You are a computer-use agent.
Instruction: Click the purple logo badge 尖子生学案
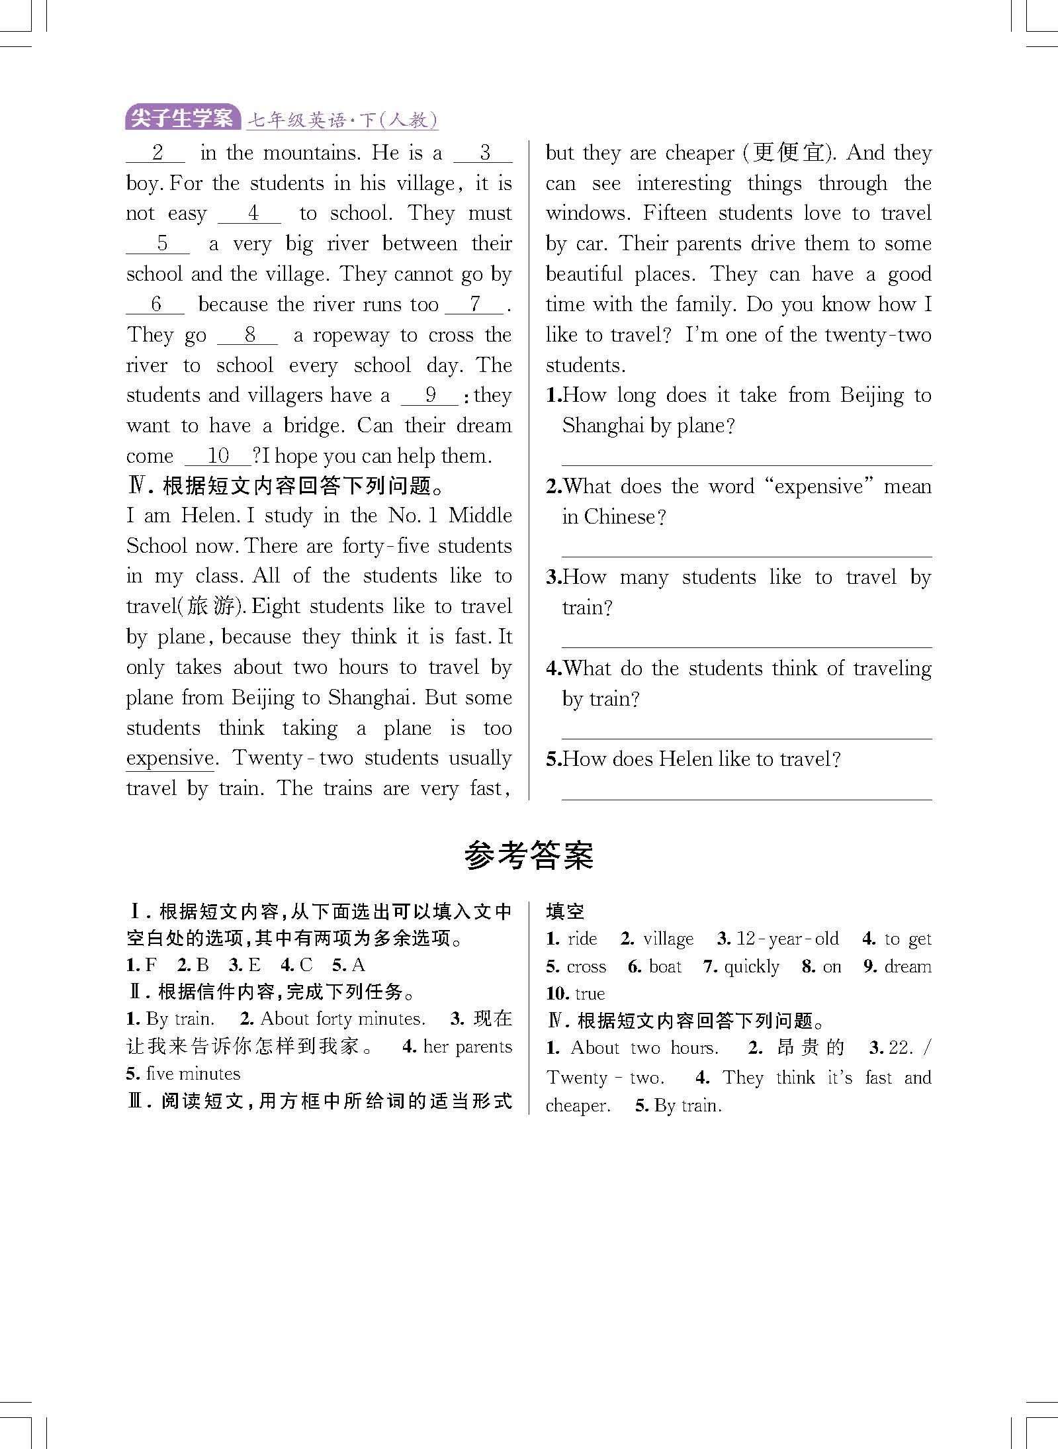pyautogui.click(x=182, y=118)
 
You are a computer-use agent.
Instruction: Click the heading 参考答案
pyautogui.click(x=529, y=855)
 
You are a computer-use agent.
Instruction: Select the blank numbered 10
pyautogui.click(x=218, y=456)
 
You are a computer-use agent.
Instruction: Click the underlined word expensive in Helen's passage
pyautogui.click(x=170, y=759)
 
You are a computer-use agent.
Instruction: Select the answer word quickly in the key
pyautogui.click(x=752, y=966)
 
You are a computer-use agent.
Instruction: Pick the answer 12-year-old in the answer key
pyautogui.click(x=787, y=939)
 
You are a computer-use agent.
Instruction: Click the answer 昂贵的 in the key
pyautogui.click(x=811, y=1047)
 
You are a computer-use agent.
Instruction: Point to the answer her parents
pyautogui.click(x=467, y=1047)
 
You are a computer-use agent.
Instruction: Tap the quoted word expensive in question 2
pyautogui.click(x=818, y=487)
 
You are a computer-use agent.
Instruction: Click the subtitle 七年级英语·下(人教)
pyautogui.click(x=341, y=120)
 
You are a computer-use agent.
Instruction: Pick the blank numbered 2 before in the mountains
pyautogui.click(x=156, y=153)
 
